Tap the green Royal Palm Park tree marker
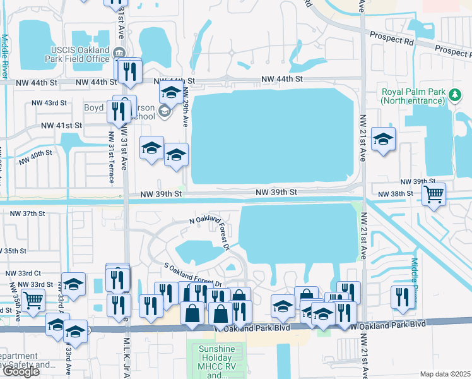pyautogui.click(x=454, y=95)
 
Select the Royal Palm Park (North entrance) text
pyautogui.click(x=413, y=95)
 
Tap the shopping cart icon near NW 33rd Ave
pyautogui.click(x=33, y=301)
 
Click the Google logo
pyautogui.click(x=21, y=371)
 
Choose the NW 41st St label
pyautogui.click(x=62, y=126)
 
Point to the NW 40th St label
pyautogui.click(x=35, y=156)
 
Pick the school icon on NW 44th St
pyautogui.click(x=170, y=93)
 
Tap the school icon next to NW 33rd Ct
pyautogui.click(x=73, y=284)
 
